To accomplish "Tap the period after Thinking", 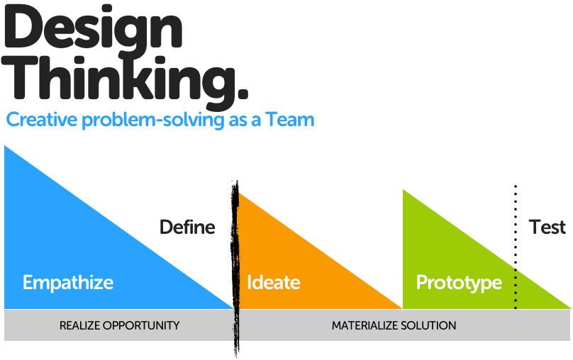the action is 240,92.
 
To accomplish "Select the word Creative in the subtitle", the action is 42,119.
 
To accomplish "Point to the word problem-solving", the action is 152,120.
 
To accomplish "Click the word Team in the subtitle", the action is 290,119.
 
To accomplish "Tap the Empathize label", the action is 68,283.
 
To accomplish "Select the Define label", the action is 187,227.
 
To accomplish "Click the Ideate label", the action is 274,282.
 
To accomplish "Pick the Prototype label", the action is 459,283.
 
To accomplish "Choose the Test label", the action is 547,227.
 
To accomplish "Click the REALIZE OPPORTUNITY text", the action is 120,325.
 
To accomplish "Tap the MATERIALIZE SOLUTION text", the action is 394,325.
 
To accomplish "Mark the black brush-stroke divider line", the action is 235,269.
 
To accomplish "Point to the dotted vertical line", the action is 516,247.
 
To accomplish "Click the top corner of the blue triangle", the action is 4,146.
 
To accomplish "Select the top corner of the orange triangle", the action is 238,193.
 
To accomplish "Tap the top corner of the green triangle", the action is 403,189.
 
